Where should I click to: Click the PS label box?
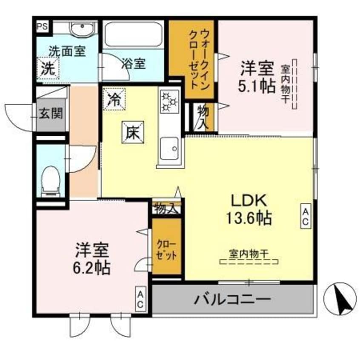43,27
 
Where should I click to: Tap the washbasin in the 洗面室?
82,29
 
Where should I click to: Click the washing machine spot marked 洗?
48,68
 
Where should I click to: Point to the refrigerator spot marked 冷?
114,99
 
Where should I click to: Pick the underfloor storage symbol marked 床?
133,132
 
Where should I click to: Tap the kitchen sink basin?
169,149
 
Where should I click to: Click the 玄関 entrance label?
51,113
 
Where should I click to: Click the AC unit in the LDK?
306,216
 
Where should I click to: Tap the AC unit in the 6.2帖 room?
140,299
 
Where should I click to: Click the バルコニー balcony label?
233,299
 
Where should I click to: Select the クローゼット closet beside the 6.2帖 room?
167,246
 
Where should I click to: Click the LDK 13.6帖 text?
249,209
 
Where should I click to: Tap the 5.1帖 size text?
257,86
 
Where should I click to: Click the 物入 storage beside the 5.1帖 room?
203,118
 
